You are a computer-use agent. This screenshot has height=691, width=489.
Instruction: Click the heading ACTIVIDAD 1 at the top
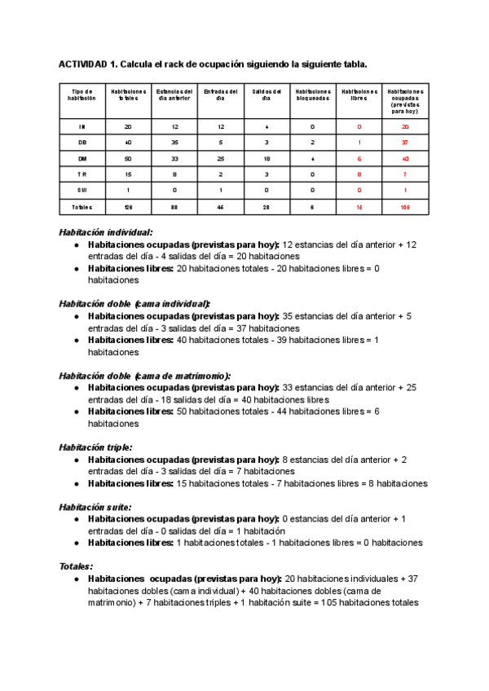click(213, 64)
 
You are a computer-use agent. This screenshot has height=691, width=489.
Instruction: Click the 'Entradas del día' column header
click(220, 95)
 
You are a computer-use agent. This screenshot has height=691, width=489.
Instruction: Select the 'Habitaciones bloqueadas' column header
click(313, 95)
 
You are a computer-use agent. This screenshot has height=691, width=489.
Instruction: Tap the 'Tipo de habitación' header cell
click(81, 95)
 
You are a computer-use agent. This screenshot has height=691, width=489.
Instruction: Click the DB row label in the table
click(81, 143)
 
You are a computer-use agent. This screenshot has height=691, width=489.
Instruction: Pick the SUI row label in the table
click(81, 191)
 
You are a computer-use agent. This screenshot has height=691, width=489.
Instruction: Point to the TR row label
click(81, 174)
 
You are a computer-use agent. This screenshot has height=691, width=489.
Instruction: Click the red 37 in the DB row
click(405, 143)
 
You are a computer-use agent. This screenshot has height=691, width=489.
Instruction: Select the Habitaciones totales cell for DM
click(128, 159)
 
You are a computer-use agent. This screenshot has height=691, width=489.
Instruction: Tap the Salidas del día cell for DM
click(267, 159)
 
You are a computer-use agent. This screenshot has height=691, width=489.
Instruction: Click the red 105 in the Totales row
click(405, 207)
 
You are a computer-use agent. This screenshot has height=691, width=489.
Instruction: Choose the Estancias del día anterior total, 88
click(174, 207)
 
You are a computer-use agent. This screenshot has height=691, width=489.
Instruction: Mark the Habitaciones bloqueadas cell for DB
click(313, 143)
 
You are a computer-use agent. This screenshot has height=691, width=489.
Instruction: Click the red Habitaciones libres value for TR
click(359, 174)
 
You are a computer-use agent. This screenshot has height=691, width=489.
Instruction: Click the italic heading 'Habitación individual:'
click(106, 232)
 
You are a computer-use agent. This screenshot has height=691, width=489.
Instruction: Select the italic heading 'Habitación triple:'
click(95, 447)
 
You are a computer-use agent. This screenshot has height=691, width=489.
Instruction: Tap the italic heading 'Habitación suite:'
click(95, 507)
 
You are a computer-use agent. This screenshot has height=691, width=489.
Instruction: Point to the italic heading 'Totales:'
click(76, 566)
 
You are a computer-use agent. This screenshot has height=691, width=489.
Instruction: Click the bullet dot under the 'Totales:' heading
click(77, 579)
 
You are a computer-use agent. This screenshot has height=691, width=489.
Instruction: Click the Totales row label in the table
click(81, 207)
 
